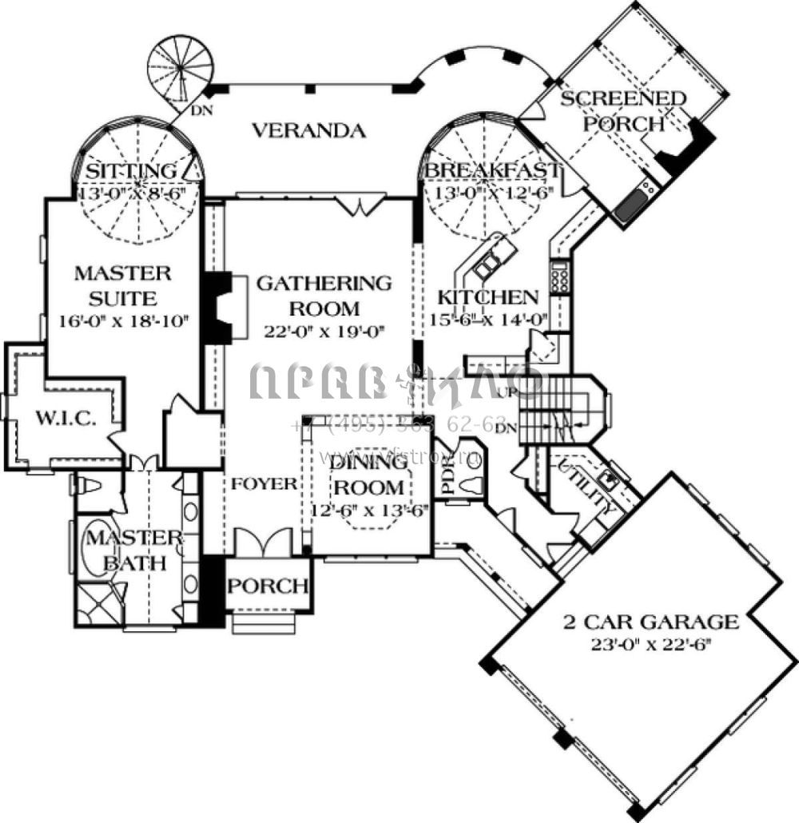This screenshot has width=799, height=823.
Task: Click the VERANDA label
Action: [x=308, y=129]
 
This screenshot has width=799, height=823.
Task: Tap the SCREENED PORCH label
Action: [x=623, y=111]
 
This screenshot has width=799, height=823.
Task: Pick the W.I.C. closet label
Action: [x=67, y=418]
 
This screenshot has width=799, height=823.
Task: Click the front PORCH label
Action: [x=268, y=585]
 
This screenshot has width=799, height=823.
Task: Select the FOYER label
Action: [x=265, y=483]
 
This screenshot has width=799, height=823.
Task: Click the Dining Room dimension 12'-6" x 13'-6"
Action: [x=369, y=509]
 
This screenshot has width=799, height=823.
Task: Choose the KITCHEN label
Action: [x=487, y=297]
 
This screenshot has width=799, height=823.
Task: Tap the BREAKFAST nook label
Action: [x=491, y=170]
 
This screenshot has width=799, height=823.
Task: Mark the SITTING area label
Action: [x=131, y=170]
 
